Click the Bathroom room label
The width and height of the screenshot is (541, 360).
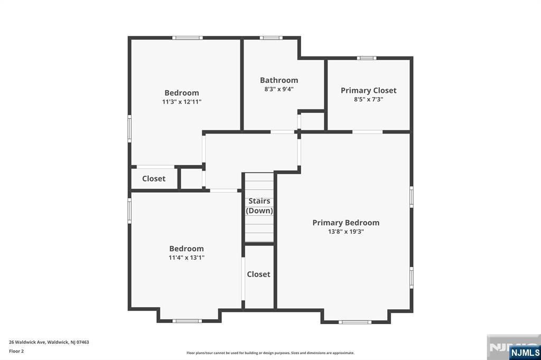pyautogui.click(x=279, y=80)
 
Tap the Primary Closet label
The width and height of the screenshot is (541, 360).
pyautogui.click(x=368, y=91)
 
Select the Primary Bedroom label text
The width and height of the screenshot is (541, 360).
pyautogui.click(x=346, y=223)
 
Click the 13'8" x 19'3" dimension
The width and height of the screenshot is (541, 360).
pyautogui.click(x=346, y=232)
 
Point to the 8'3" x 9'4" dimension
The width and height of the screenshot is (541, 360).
pyautogui.click(x=279, y=89)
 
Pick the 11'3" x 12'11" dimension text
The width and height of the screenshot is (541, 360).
pyautogui.click(x=182, y=102)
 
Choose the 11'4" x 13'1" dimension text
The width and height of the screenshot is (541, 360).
pyautogui.click(x=186, y=258)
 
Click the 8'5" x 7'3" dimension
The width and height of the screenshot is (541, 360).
pyautogui.click(x=368, y=100)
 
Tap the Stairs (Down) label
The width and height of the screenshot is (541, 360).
pyautogui.click(x=259, y=206)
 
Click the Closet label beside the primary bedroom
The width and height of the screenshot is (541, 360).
pyautogui.click(x=258, y=274)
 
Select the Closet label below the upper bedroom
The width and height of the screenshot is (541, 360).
pyautogui.click(x=154, y=178)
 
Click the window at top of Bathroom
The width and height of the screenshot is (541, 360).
pyautogui.click(x=271, y=38)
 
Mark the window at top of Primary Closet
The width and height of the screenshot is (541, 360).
pyautogui.click(x=367, y=58)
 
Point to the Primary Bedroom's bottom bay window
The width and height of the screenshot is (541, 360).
pyautogui.click(x=355, y=322)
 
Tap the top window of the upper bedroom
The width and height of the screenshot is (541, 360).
pyautogui.click(x=188, y=38)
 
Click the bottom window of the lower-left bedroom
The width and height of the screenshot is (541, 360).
pyautogui.click(x=187, y=321)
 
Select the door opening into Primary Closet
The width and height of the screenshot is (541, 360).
pyautogui.click(x=368, y=132)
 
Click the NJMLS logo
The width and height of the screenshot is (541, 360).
pyautogui.click(x=525, y=353)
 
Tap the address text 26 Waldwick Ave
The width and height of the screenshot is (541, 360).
pyautogui.click(x=27, y=342)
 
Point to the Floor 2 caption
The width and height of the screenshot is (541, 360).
pyautogui.click(x=16, y=352)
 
